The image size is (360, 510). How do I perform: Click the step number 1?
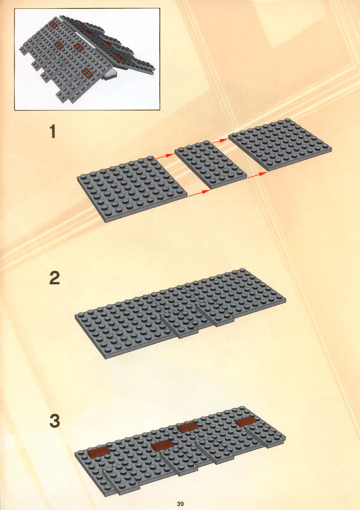pyautogui.click(x=52, y=132)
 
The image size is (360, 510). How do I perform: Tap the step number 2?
pyautogui.click(x=55, y=278)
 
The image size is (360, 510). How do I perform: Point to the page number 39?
pyautogui.click(x=180, y=504)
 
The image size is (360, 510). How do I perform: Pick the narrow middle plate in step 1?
pyautogui.click(x=210, y=164)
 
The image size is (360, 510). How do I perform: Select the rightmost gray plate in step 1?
pyautogui.click(x=280, y=144)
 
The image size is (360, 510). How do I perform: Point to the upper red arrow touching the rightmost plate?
pyautogui.click(x=220, y=141)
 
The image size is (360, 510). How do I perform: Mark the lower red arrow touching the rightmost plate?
pyautogui.click(x=257, y=175)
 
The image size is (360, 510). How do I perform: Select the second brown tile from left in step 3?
pyautogui.click(x=162, y=445)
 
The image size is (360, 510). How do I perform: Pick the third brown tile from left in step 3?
pyautogui.click(x=187, y=427)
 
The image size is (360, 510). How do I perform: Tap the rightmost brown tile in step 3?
pyautogui.click(x=246, y=421)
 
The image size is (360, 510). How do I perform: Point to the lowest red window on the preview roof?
pyautogui.click(x=87, y=73)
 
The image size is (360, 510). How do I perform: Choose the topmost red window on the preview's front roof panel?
pyautogui.click(x=53, y=24)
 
